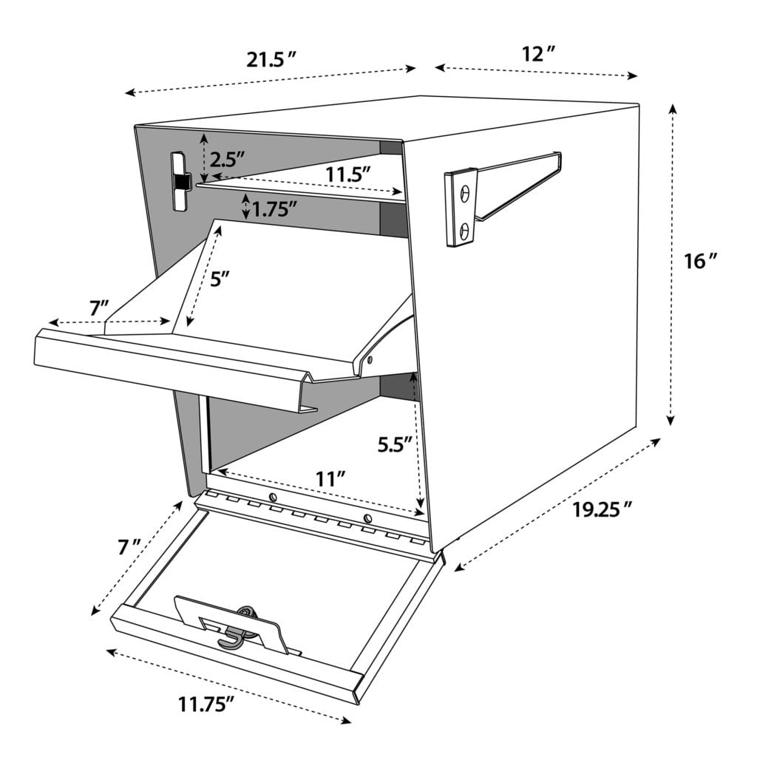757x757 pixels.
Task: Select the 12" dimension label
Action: click(539, 54)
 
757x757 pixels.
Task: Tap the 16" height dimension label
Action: click(700, 261)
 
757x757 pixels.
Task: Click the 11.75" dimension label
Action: click(206, 704)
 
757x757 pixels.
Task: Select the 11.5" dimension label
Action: click(347, 174)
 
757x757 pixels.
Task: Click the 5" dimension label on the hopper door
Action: click(220, 279)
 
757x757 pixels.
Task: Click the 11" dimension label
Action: click(331, 478)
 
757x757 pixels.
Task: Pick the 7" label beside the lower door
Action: click(129, 547)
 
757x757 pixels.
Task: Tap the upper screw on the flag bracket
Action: click(464, 192)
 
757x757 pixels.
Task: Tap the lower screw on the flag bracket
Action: click(464, 231)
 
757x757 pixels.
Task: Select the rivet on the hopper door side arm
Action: click(368, 360)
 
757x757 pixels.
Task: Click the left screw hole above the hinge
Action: click(273, 498)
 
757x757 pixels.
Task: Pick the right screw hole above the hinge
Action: click(367, 516)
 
